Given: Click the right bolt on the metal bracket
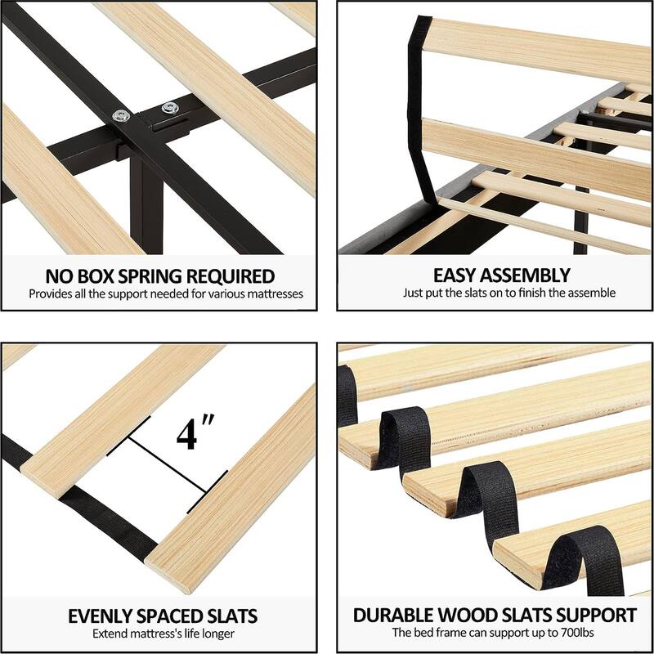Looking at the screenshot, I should point(171,106).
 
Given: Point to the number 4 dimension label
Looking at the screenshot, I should point(190,433).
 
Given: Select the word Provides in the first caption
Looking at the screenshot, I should point(51,293).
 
